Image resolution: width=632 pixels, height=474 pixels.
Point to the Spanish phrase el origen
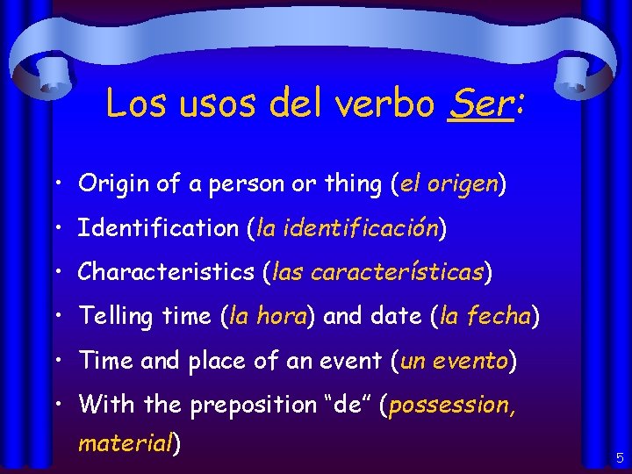449,183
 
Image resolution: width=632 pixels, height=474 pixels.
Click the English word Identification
157,228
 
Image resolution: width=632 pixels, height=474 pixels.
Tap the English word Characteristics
167,272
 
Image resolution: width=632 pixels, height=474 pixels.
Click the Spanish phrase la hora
266,316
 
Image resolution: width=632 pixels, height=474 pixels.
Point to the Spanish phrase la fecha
485,316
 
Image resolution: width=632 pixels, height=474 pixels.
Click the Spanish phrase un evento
455,361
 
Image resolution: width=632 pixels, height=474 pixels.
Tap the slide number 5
619,457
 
